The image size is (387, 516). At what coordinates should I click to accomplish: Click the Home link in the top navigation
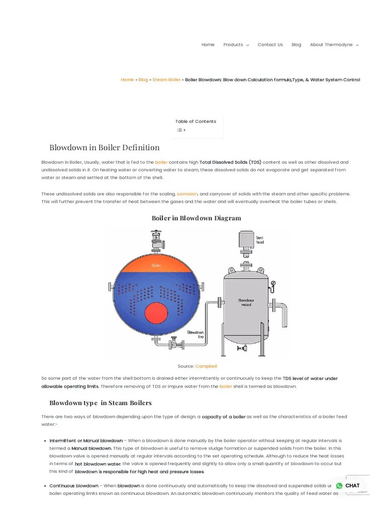(x=208, y=45)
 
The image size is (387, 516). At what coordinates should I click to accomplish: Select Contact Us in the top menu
(x=270, y=45)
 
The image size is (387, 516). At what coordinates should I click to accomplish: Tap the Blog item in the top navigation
(x=296, y=45)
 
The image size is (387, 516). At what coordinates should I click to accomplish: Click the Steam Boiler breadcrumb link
(x=166, y=80)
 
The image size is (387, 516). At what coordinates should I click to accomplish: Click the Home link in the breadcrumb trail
(x=127, y=80)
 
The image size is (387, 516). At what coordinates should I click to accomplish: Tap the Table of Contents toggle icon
(x=180, y=130)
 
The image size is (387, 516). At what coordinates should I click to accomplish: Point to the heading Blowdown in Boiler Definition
(x=104, y=148)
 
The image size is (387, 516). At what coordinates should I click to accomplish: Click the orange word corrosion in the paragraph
(x=187, y=194)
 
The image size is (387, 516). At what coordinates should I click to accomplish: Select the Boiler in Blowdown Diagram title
(x=196, y=218)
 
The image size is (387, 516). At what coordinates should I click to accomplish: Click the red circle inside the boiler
(x=156, y=314)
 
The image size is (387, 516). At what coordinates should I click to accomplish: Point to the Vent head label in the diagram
(x=260, y=240)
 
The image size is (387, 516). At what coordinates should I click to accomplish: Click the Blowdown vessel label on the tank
(x=246, y=302)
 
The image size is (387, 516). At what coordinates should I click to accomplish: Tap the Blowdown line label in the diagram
(x=195, y=335)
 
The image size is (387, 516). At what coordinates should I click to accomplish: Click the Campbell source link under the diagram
(x=206, y=366)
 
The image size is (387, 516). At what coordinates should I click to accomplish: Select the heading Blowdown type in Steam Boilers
(x=100, y=403)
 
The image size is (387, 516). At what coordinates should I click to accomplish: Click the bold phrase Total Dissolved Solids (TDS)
(x=230, y=163)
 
